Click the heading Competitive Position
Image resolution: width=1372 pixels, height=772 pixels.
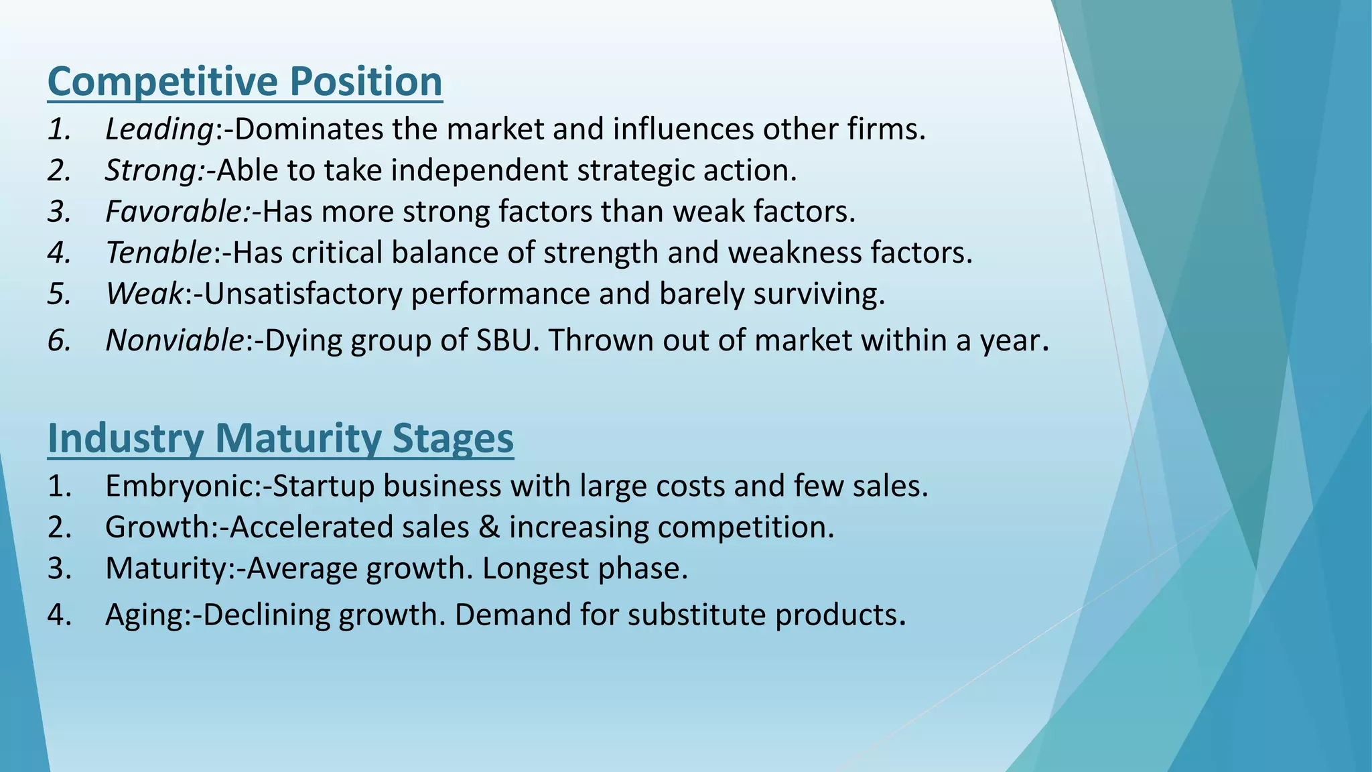pos(245,82)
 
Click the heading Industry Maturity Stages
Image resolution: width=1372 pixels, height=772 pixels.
pos(280,438)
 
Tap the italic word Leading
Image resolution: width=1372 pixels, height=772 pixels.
pos(159,129)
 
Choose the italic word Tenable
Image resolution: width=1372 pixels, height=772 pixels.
pos(159,253)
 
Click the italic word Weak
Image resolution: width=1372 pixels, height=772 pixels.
pos(144,294)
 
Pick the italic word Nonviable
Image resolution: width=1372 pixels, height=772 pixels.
pos(174,340)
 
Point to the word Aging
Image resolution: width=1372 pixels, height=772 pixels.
pos(143,615)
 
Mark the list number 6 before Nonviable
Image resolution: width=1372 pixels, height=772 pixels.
pos(59,340)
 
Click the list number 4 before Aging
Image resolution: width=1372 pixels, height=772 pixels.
pos(59,615)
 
